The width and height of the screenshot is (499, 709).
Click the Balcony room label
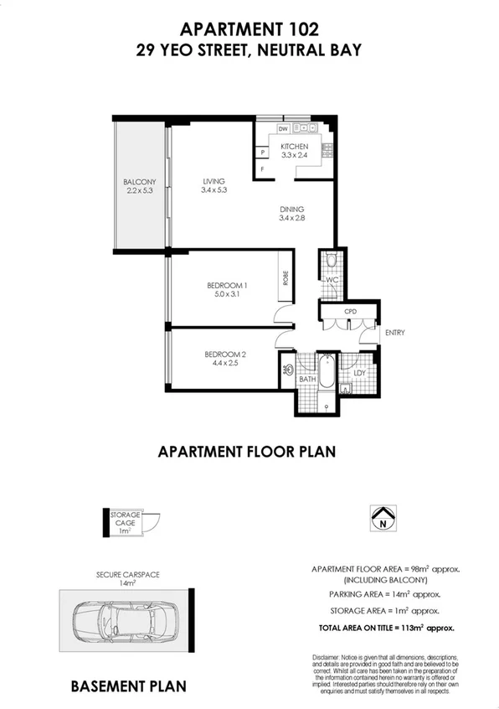click(140, 186)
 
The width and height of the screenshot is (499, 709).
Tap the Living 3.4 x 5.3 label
click(214, 185)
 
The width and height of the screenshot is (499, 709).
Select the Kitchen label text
click(294, 150)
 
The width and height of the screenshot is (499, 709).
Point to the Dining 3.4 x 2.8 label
click(292, 214)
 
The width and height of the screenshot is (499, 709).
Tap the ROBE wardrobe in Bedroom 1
click(286, 277)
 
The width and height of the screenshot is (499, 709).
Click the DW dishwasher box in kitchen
click(283, 128)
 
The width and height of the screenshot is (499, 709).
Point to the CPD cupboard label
click(350, 310)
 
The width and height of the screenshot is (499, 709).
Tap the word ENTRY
click(394, 333)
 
